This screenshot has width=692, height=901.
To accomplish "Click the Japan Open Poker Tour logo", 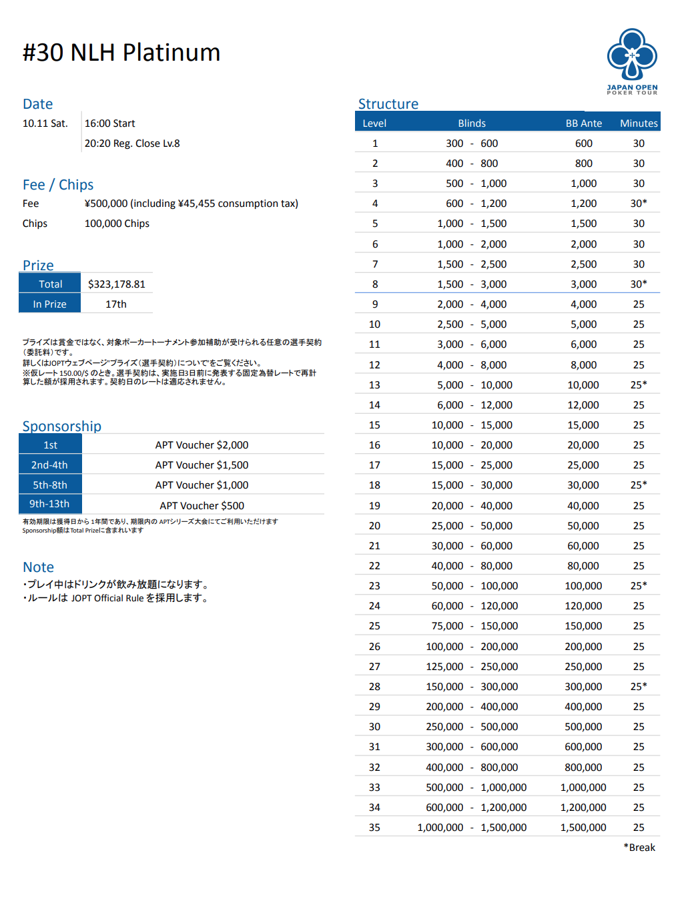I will pos(632,61).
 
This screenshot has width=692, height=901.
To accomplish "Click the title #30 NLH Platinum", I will pos(121,53).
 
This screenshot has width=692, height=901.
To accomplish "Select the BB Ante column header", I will pos(583,123).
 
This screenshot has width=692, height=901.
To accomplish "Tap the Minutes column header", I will pos(639,123).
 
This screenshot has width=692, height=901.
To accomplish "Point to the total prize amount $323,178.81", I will pos(116,284).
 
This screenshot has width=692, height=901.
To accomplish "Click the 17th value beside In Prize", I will pos(116,304).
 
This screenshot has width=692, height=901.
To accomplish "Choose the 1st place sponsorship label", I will pos(51,445).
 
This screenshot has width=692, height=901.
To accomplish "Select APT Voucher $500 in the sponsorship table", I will pos(202,506).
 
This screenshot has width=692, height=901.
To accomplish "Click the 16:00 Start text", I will pos(109,123).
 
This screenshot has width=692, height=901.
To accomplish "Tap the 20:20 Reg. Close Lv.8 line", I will pos(132,143).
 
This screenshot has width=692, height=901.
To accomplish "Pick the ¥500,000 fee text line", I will pos(191,204).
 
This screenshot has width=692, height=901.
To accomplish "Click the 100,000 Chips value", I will pos(117,224).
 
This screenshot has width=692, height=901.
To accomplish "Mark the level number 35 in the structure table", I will pos(374,828).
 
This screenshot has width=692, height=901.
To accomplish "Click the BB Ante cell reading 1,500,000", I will pos(583,828).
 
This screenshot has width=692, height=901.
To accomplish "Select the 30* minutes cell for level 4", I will pos(639,204).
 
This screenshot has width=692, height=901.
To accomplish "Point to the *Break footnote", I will pos(639,848).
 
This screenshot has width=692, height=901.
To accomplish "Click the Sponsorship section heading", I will pos(62,426).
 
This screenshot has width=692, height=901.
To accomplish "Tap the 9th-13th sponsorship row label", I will pos(49,504).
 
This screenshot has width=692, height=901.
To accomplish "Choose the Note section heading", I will pos(38,567).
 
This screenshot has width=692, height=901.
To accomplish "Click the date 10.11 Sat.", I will pos(45,123).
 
